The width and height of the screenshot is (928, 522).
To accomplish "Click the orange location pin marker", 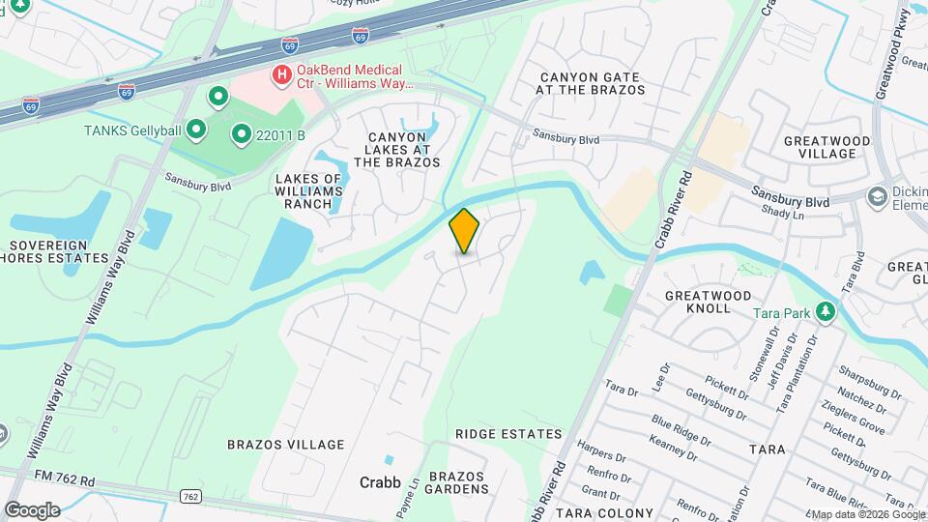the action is coord(465,231).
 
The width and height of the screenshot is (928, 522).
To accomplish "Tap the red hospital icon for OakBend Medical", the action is coord(281,73).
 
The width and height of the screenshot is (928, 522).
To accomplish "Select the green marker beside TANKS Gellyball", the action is coord(196,129).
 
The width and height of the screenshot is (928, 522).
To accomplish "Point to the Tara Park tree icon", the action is coord(825,312).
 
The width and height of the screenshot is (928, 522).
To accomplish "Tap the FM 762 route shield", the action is coord(190,496).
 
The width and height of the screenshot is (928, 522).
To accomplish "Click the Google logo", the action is coord(32,509).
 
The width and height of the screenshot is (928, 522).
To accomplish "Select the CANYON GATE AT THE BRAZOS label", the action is coord(593,83).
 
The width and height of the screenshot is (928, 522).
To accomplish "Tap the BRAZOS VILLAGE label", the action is coord(285,445).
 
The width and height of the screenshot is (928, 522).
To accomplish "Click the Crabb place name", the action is coord(380,482).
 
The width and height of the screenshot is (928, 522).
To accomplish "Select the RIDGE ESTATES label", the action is coord(508,434).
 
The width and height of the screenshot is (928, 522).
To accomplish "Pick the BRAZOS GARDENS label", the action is coord(459,482).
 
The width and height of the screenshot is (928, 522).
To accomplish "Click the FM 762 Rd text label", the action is coord(61,479).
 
